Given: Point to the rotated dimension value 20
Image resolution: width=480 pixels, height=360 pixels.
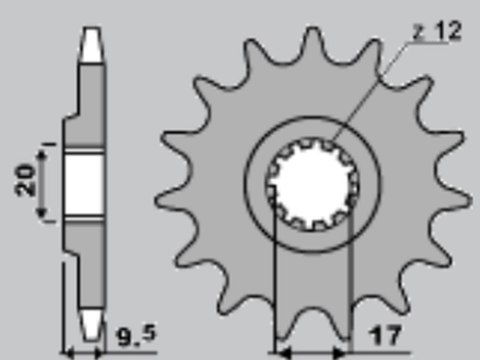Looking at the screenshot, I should (x=27, y=181).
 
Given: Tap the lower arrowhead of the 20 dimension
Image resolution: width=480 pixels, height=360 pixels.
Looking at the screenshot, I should (x=42, y=216).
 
